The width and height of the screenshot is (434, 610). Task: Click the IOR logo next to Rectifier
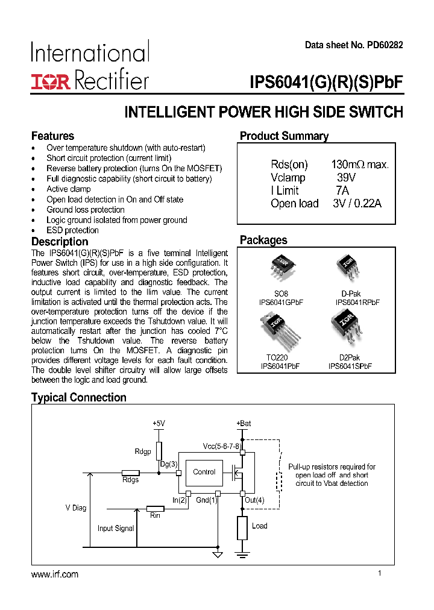point(51,81)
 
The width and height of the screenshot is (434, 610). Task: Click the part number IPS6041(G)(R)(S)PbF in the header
point(325,82)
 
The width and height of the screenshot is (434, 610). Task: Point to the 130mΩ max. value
point(360,165)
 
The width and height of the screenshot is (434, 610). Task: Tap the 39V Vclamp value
point(346,178)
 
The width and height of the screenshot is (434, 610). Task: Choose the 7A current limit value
point(342,190)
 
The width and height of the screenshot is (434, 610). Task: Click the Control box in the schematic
point(204,472)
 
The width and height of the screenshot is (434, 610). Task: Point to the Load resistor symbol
point(242,527)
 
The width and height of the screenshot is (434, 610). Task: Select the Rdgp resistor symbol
point(159,451)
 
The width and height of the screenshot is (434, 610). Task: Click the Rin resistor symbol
point(156,508)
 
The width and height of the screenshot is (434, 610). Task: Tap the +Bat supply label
point(244,424)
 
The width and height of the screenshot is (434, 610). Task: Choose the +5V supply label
point(159,424)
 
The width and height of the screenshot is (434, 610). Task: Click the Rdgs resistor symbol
point(130,473)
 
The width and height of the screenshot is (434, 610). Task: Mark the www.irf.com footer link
point(54,574)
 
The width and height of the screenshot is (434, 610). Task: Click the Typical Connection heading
point(78,398)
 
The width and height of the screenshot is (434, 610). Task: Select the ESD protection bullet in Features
point(72,230)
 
